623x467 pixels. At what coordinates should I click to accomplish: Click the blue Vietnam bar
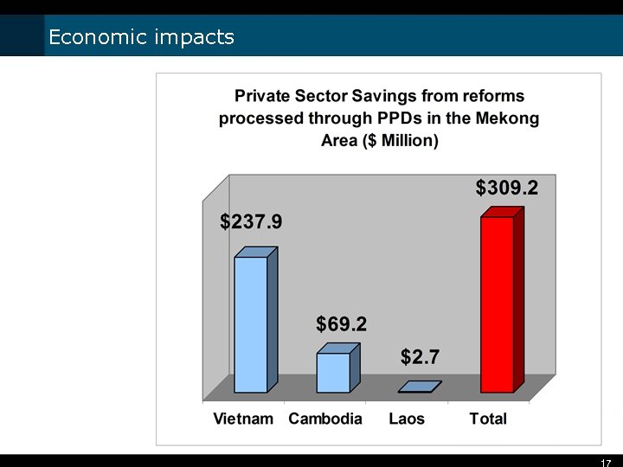(x=251, y=324)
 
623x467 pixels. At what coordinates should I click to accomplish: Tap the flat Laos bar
(x=420, y=387)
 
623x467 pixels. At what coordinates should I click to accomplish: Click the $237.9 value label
(x=251, y=222)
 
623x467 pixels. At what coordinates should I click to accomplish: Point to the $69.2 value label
(x=341, y=324)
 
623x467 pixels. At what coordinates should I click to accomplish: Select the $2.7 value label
(x=421, y=356)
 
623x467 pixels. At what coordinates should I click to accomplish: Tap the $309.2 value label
(x=507, y=188)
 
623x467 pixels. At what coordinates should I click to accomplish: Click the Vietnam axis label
(x=243, y=419)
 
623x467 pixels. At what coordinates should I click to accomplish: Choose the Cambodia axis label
(x=325, y=419)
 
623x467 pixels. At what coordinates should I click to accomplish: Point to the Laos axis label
(x=407, y=419)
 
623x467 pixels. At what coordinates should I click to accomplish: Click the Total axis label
(x=488, y=419)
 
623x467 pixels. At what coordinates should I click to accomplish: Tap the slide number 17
(x=606, y=463)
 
